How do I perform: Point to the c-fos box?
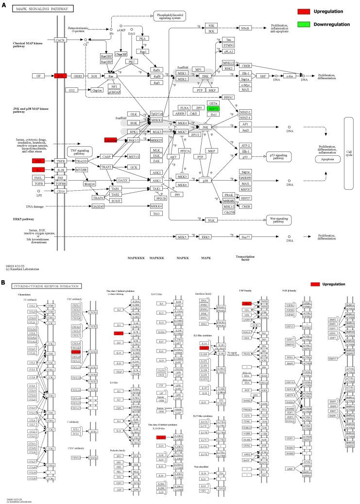[x=290, y=76]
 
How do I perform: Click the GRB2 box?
[x=78, y=76]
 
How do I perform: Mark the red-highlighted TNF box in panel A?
[x=38, y=161]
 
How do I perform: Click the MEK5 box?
[x=182, y=237]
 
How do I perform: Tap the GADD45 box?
[x=98, y=206]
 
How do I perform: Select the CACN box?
[x=60, y=40]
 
